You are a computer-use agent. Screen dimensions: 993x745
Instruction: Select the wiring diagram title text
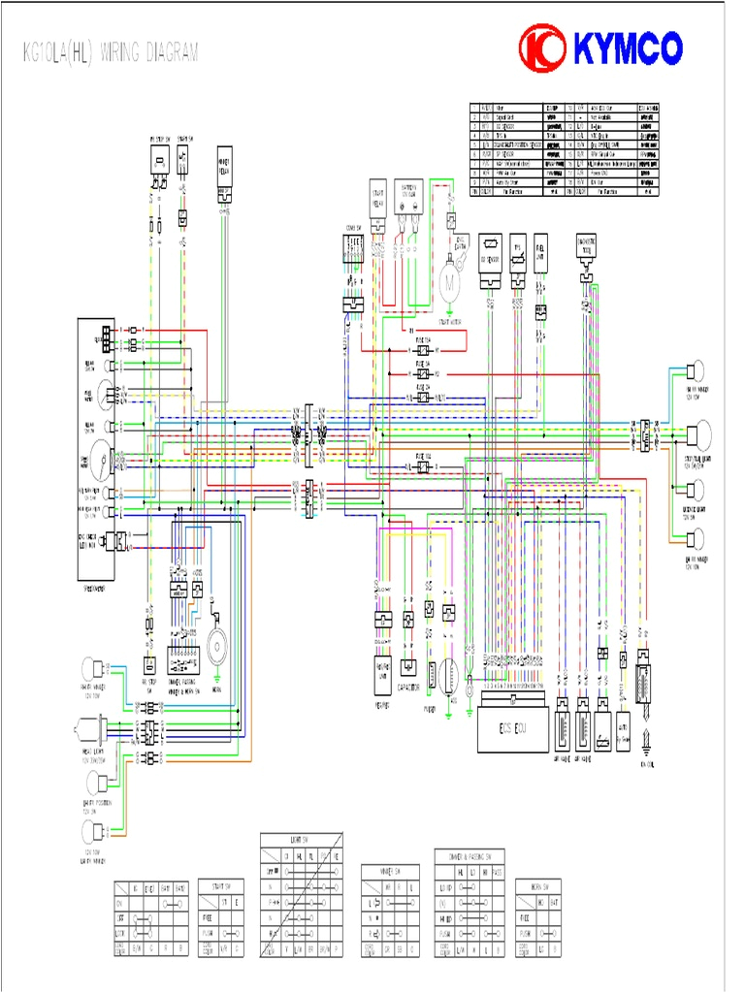[x=111, y=52]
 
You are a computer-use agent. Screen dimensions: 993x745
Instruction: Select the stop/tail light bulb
[x=701, y=436]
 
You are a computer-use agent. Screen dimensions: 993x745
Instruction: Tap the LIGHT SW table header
[x=301, y=839]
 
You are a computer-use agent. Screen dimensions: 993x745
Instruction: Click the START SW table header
[x=220, y=885]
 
